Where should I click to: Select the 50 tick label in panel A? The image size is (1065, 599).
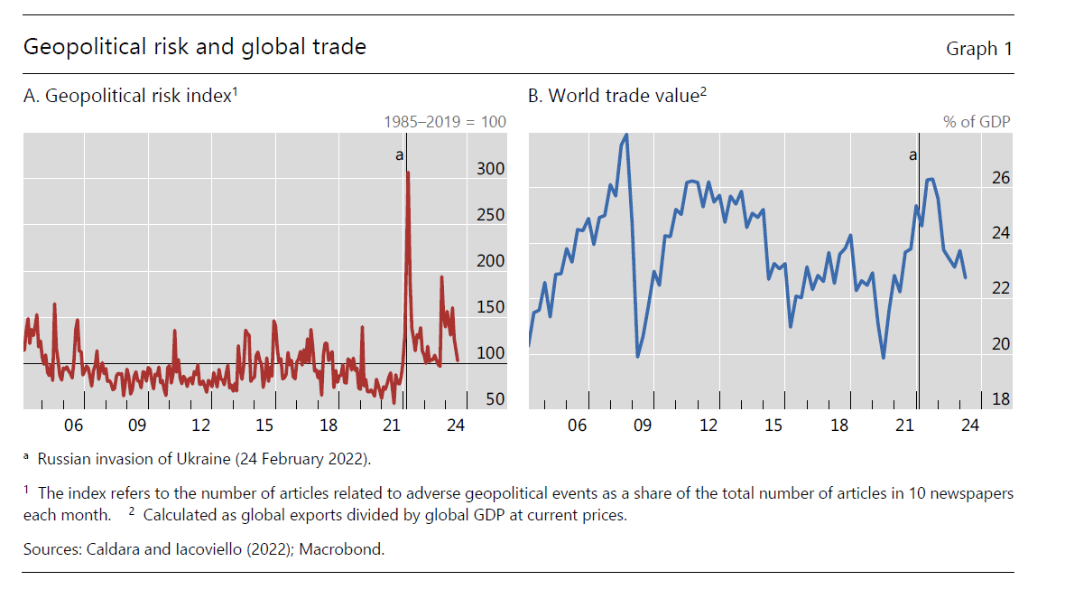point(495,399)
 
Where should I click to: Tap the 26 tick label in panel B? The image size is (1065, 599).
point(1001,178)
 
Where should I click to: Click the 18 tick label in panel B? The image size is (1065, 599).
point(1001,399)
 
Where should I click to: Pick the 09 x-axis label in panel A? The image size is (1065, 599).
point(136,426)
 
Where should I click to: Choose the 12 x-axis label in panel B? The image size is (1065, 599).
point(708,426)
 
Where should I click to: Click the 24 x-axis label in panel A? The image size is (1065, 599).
point(456,426)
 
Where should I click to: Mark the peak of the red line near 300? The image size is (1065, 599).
point(408,172)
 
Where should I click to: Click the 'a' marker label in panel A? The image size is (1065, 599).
point(399,155)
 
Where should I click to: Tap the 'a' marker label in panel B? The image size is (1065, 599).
point(912,155)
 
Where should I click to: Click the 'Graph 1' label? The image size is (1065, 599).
point(978,49)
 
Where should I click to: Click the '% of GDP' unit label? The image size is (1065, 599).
point(977,121)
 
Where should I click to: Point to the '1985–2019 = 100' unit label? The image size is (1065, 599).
point(445,121)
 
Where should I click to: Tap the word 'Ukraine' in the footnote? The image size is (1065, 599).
point(203,458)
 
